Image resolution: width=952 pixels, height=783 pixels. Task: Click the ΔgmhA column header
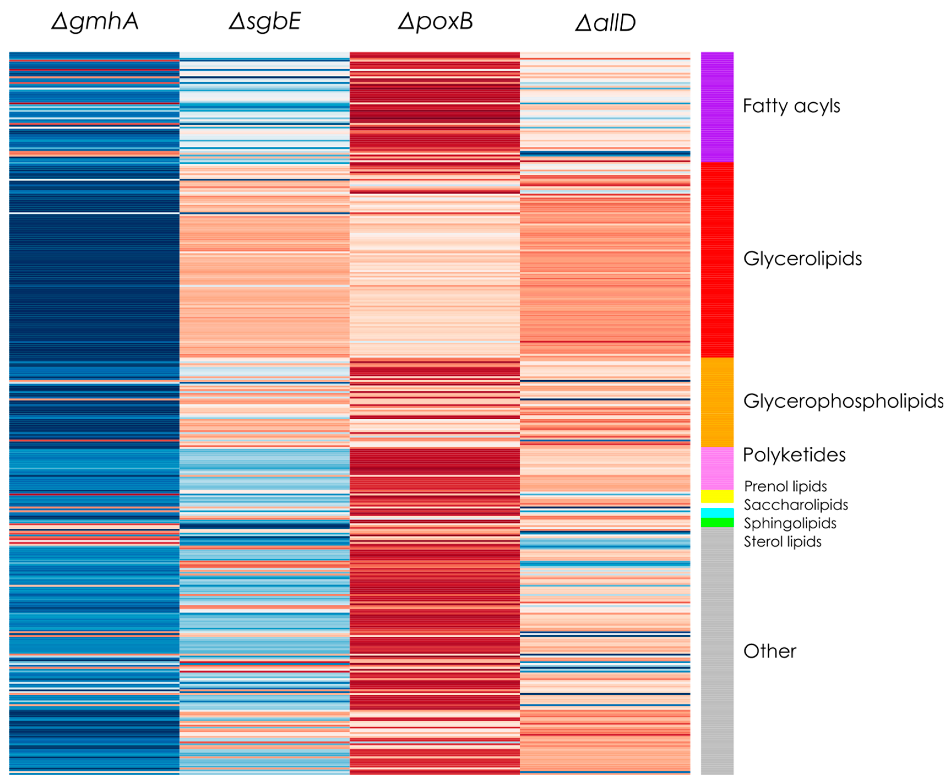pos(95,22)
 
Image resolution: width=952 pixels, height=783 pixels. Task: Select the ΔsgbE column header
pos(265,22)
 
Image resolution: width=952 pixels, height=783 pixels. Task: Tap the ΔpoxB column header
pos(435,22)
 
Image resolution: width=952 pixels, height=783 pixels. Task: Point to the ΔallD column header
pos(605,23)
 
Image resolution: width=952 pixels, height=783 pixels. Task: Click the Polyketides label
pos(794,455)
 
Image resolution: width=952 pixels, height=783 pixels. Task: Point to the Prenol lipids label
pos(785,486)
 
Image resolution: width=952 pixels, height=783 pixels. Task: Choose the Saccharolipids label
pos(795,505)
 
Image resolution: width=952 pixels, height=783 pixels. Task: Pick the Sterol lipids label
pos(782,542)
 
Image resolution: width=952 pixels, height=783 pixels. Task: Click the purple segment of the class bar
pos(717,107)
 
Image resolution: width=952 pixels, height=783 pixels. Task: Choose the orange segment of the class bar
pos(717,402)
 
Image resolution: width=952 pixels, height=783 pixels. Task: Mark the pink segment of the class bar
pos(717,468)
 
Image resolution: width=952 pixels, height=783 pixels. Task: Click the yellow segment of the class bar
pos(717,496)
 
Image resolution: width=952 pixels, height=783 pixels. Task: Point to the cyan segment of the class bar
pos(717,513)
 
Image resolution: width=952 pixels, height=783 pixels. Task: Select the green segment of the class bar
pos(717,522)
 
